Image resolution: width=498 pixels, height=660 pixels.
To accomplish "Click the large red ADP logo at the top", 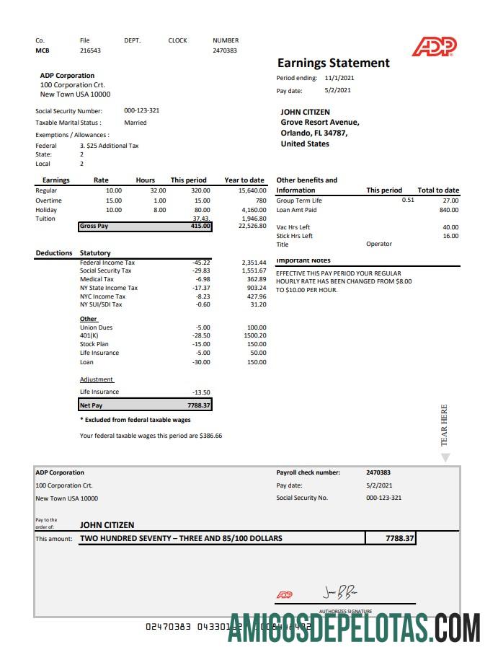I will [x=434, y=47].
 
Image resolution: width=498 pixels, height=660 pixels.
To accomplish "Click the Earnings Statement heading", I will [x=333, y=63].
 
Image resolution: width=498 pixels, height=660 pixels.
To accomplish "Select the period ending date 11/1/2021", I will [x=339, y=78].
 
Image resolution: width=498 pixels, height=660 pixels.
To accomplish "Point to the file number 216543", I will [x=90, y=50].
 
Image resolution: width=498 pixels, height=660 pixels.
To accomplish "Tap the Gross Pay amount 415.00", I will [x=200, y=226].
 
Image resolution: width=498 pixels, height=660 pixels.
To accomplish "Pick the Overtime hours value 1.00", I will [x=159, y=201].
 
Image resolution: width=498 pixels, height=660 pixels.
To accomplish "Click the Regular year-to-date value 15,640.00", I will [x=252, y=190].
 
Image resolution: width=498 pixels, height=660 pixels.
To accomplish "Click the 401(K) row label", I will [x=89, y=335].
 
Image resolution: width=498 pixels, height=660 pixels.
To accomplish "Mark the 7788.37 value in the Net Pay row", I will [x=198, y=405].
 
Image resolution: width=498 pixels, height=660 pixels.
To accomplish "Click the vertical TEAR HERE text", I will [x=444, y=425].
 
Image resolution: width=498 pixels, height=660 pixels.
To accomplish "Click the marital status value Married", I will [x=135, y=123].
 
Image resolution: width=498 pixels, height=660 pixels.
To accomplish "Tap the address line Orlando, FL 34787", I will [x=314, y=133].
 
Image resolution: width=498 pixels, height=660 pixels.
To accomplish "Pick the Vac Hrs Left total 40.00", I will [x=450, y=227].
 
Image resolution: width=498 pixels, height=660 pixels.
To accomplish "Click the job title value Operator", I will [x=379, y=244].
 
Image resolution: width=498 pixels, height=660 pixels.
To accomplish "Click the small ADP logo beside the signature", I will [x=285, y=595].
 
